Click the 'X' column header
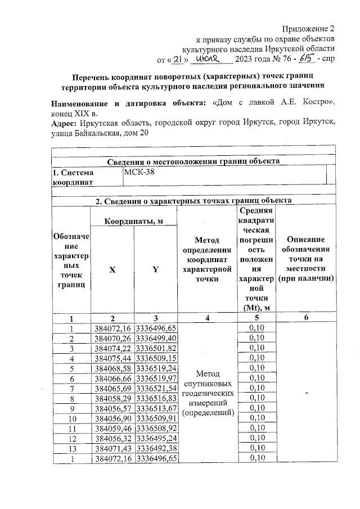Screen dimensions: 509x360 pos(112,269)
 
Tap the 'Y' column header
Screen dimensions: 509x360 pos(155,269)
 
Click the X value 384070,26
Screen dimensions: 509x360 pos(112,338)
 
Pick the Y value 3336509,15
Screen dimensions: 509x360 pos(156,358)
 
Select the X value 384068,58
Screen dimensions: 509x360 pos(112,368)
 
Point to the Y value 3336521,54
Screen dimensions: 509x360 pos(156,388)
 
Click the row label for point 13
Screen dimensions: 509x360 pos(71,448)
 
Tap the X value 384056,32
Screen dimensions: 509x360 pos(112,438)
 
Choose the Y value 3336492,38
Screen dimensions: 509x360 pos(156,448)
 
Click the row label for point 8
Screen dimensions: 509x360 pos(71,398)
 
